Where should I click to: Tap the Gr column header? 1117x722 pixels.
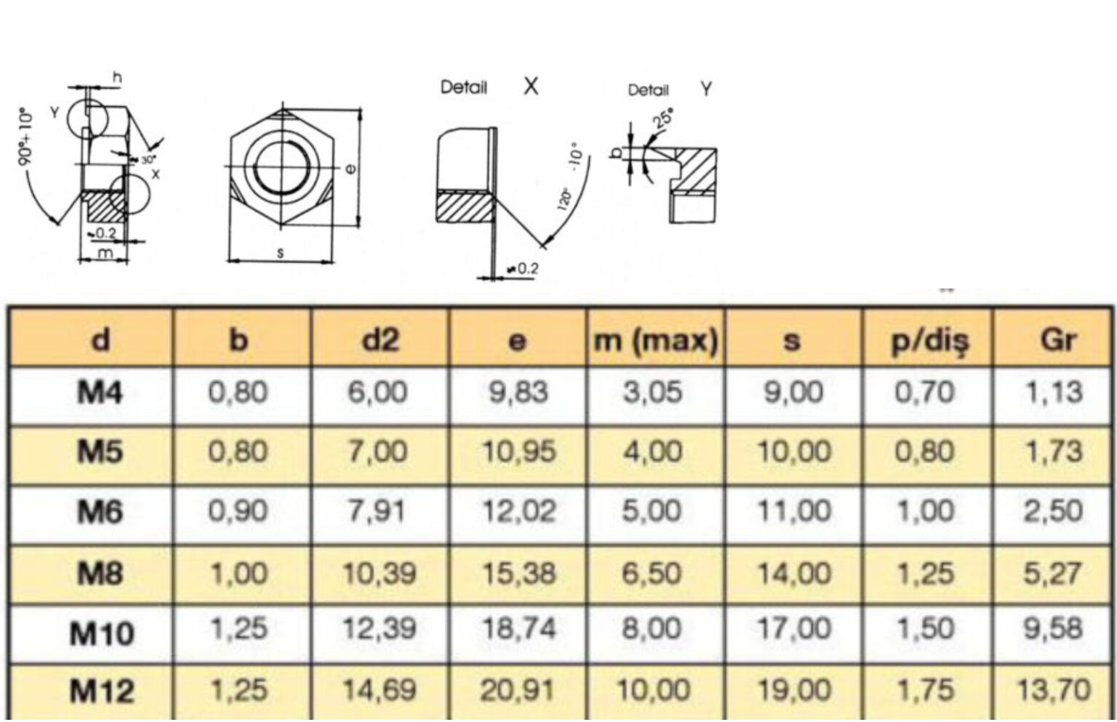pos(1058,340)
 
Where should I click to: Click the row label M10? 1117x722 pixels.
pos(102,633)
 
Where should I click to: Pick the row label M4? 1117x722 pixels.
pos(100,393)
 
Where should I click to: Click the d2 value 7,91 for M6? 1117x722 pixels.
pos(377,511)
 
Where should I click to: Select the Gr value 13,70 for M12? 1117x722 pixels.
pos(1053,691)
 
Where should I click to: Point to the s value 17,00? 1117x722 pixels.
pos(794,629)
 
